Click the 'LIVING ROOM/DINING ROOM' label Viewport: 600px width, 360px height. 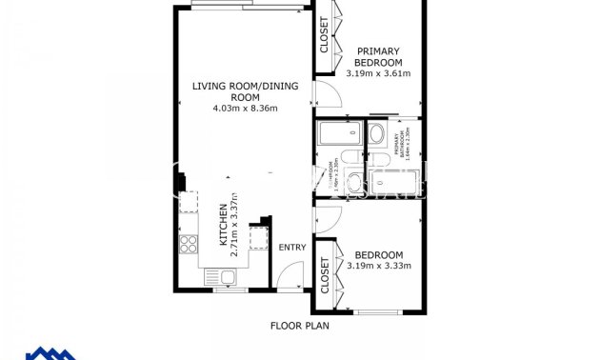point(245,91)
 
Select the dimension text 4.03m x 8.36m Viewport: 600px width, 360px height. point(245,109)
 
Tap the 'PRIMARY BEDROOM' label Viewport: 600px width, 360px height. point(378,56)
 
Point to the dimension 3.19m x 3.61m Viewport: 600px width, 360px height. point(378,73)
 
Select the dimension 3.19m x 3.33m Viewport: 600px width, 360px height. point(378,266)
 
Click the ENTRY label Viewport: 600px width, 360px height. point(291,248)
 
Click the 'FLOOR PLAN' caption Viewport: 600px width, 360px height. point(299,327)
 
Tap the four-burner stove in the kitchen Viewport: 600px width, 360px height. point(189,244)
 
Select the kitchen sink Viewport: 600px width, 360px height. point(228,277)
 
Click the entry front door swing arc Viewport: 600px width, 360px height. point(288,275)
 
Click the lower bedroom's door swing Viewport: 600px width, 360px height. point(324,216)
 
